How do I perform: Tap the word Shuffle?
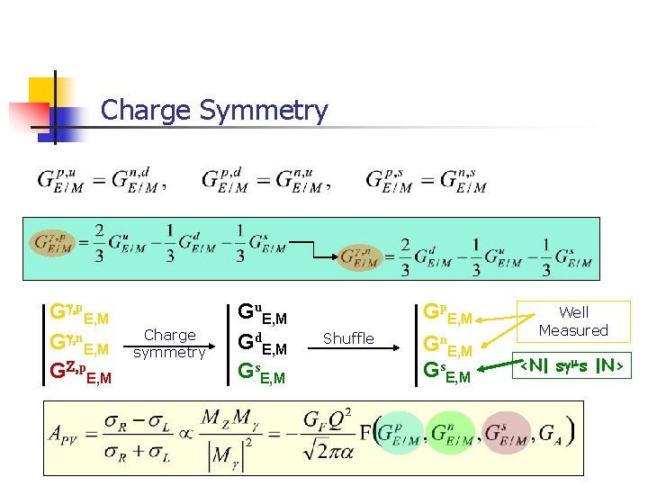coord(348,338)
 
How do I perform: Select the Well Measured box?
coord(573,321)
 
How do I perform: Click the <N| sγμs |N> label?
coord(573,367)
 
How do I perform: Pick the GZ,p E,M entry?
coord(81,372)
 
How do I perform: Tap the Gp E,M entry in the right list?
coord(446,315)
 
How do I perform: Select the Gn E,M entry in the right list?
coord(446,344)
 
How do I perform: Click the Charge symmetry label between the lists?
coord(169,343)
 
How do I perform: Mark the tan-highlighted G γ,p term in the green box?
coord(54,242)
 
